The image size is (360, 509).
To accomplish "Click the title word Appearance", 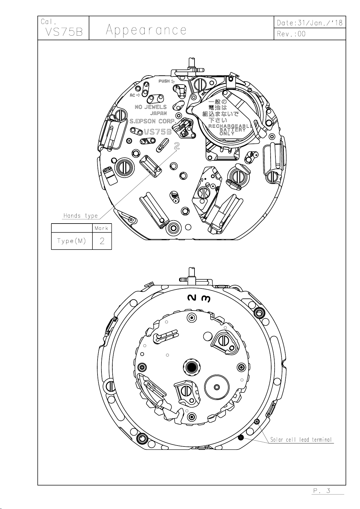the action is coord(146,30).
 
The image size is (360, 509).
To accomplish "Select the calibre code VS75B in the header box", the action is coord(64,32).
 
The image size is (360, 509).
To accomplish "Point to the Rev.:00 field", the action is coord(291,34).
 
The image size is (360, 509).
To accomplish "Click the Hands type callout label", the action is coord(81,215).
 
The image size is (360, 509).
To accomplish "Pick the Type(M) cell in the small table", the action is coord(72,241).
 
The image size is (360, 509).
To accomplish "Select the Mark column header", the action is coord(101,228).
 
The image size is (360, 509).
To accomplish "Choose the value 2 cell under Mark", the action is coord(102,241).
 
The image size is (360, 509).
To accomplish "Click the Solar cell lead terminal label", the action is coord(301,440).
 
